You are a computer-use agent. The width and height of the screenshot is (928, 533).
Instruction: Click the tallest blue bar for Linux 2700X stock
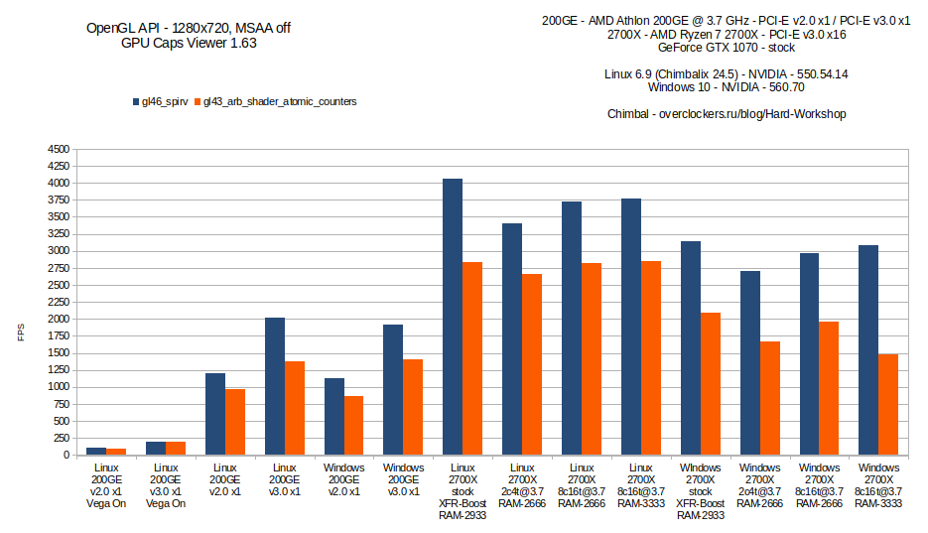click(453, 317)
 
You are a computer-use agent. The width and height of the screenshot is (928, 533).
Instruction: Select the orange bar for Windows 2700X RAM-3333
click(888, 404)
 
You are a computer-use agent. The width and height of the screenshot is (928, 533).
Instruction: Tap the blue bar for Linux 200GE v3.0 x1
click(275, 386)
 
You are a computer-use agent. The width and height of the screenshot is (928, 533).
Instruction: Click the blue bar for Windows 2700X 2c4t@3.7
click(750, 362)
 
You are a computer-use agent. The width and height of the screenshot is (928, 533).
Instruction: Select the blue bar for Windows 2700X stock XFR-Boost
click(691, 347)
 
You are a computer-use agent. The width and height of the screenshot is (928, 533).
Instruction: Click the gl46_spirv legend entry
click(163, 101)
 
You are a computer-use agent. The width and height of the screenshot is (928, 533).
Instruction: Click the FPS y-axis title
click(21, 333)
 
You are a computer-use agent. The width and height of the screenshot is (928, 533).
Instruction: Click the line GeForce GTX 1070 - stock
click(727, 48)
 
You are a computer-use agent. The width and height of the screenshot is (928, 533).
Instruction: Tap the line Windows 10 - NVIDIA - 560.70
click(726, 87)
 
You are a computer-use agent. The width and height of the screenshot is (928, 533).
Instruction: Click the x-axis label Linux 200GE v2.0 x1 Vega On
click(105, 485)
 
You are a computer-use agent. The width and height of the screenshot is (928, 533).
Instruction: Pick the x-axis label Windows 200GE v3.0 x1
click(404, 479)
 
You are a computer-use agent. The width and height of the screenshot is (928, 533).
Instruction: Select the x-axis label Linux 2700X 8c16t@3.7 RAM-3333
click(641, 485)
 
